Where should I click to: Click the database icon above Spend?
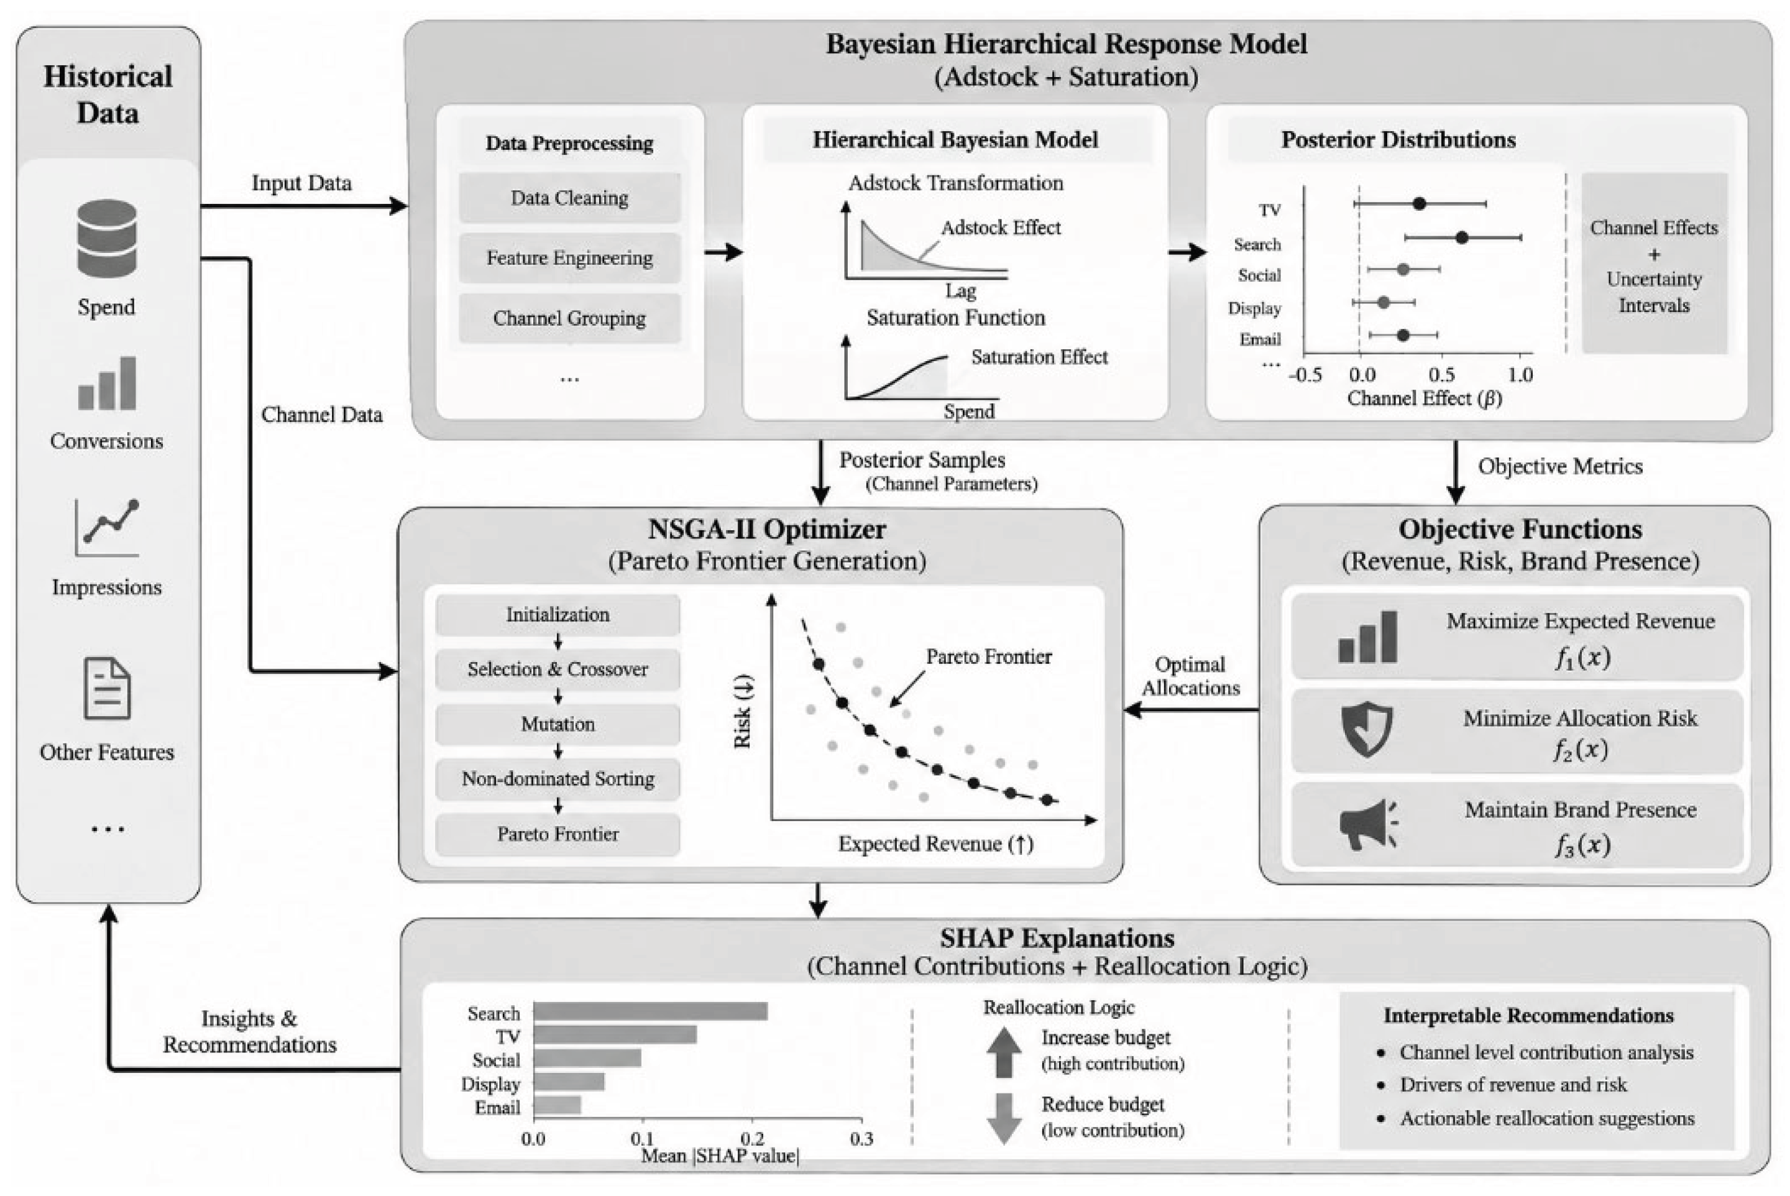click(x=107, y=238)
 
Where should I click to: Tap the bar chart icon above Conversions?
click(x=107, y=384)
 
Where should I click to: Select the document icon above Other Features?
click(x=107, y=688)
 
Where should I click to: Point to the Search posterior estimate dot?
click(x=1461, y=238)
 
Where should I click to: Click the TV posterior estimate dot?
click(x=1418, y=204)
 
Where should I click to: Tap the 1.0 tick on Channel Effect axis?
click(x=1520, y=374)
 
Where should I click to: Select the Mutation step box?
click(x=558, y=724)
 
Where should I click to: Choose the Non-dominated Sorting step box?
click(x=558, y=779)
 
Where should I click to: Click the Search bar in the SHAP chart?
click(x=651, y=1011)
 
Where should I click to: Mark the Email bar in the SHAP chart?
click(x=558, y=1105)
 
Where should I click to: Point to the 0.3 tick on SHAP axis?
click(x=862, y=1139)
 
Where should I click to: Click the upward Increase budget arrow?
click(x=1004, y=1052)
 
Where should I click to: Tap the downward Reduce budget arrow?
click(x=1004, y=1119)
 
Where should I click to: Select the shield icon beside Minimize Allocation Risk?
click(x=1367, y=729)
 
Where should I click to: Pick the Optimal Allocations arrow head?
click(x=1132, y=710)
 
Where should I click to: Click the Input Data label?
click(x=301, y=183)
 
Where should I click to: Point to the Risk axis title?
click(x=743, y=711)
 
